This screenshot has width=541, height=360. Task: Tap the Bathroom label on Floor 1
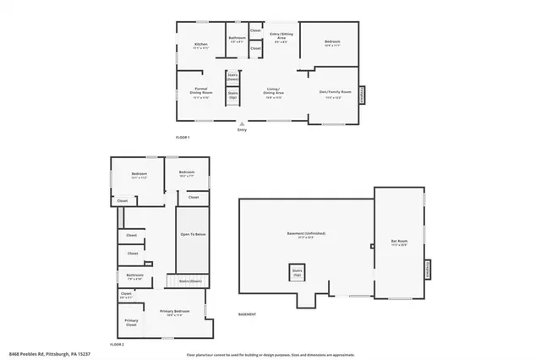(x=237, y=38)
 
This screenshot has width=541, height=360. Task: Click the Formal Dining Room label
(x=200, y=92)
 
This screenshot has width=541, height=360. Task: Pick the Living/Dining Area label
(x=275, y=93)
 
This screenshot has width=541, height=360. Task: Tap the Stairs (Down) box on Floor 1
(x=233, y=76)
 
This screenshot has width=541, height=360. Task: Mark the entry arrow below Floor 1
(x=243, y=123)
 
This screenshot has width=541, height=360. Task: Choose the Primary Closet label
(x=131, y=321)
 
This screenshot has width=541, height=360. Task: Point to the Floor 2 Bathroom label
(x=135, y=275)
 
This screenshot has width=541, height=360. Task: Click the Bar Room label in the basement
(x=399, y=243)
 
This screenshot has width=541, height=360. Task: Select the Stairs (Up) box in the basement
(x=297, y=273)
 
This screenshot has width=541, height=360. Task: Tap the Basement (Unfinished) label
(x=306, y=234)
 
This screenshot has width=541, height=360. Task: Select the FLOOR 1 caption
(x=183, y=136)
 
